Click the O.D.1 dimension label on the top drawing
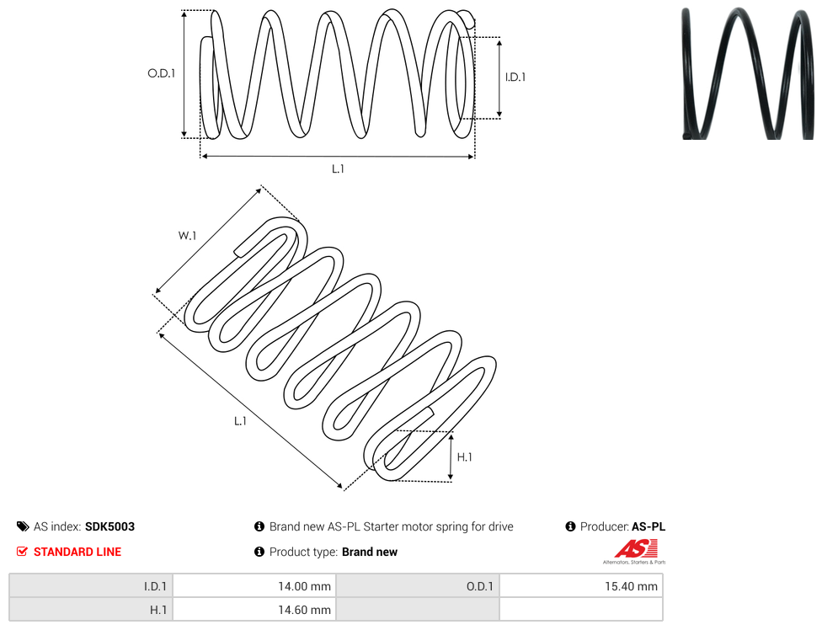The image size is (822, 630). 162,73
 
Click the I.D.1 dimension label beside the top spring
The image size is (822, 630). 515,77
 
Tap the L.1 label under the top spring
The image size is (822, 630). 338,168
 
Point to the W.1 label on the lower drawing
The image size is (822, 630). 187,236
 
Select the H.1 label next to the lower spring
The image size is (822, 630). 464,457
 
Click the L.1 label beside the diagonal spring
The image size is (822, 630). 240,421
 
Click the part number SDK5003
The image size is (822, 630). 109,526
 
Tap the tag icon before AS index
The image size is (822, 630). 23,526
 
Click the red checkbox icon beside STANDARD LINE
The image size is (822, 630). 22,552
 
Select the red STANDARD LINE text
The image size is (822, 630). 77,552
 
